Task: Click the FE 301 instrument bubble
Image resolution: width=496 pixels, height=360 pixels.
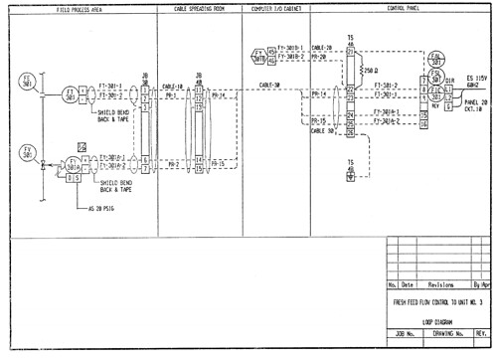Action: [x=26, y=82]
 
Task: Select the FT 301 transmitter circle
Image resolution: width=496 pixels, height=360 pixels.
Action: [x=71, y=94]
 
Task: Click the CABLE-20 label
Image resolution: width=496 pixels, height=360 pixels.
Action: [x=321, y=47]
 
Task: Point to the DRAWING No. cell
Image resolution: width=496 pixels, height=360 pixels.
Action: [x=448, y=335]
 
